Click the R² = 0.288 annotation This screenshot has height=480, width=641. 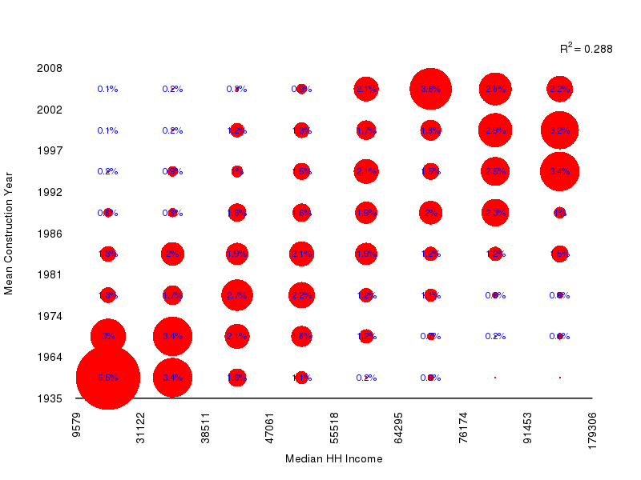pos(586,49)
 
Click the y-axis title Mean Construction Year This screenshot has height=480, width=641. pos(9,232)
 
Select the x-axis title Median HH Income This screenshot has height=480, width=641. pos(333,459)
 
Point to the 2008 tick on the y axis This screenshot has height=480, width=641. pos(50,68)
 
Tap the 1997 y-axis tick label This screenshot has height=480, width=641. pos(50,150)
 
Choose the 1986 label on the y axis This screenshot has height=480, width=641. pos(50,234)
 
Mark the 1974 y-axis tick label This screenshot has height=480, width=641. pos(50,316)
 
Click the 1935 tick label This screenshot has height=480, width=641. pos(50,398)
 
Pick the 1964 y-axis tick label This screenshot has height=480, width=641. pos(50,357)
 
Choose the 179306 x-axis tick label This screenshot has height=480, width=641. pos(592,430)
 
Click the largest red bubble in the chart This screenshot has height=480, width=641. pos(108,378)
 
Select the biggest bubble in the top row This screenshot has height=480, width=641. pos(430,89)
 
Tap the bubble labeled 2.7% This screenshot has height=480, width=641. pos(236,295)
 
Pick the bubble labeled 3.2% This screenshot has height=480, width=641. pos(559,130)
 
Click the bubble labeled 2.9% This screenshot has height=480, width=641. pos(495,130)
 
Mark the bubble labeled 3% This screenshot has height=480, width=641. pos(108,336)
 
